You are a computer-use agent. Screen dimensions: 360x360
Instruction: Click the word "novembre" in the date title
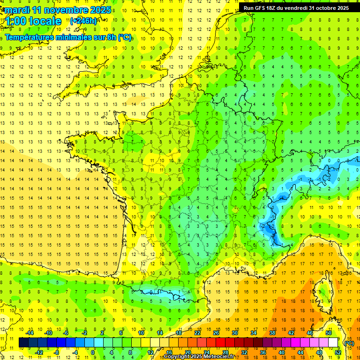(x=69, y=10)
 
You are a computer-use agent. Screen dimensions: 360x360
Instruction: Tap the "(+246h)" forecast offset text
(x=83, y=21)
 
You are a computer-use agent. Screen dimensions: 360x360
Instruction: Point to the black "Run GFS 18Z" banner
(x=296, y=7)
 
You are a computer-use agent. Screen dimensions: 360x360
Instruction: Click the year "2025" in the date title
(x=100, y=10)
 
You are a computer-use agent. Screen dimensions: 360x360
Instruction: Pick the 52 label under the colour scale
(x=338, y=352)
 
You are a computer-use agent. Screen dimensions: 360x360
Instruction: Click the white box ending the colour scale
(x=333, y=343)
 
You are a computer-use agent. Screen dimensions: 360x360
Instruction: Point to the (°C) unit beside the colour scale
(x=349, y=343)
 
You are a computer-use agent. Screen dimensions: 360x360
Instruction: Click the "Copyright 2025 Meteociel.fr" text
(x=199, y=357)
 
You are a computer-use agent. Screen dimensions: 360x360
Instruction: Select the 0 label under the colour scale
(x=93, y=352)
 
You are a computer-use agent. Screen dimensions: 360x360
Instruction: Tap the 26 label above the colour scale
(x=216, y=333)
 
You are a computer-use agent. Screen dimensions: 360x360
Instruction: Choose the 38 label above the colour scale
(x=272, y=333)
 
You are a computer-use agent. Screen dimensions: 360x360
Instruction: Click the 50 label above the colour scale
(x=329, y=333)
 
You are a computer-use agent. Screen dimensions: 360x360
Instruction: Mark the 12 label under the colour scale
(x=150, y=352)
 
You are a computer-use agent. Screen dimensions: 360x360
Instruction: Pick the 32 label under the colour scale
(x=244, y=352)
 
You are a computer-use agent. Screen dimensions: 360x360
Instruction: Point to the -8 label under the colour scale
(x=57, y=352)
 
